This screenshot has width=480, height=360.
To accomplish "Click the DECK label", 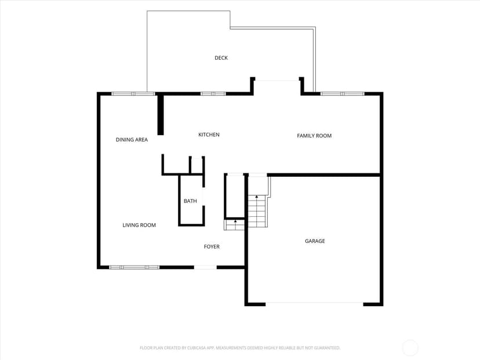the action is pos(221,58).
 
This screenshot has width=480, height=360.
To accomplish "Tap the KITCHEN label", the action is pos(209,134).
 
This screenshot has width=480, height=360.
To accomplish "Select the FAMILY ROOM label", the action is pos(314,136).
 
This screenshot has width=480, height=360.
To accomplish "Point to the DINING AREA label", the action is pos(132,140).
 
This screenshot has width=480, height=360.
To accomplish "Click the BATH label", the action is pos(190,201).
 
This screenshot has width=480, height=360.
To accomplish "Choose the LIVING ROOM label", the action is pos(139,225).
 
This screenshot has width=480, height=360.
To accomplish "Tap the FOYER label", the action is pos(212,247).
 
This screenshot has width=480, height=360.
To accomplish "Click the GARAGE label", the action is pos(315,241).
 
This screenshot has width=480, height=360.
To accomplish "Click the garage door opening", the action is pos(314,304).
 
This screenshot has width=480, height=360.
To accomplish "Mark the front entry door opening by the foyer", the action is pos(205,268).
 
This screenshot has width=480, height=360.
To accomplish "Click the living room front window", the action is pos(134,268).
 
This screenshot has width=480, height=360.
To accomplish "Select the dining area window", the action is pos(133,94).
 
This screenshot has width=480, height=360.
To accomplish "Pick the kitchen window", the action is pos(213,94).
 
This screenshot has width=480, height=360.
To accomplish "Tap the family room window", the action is pos(343,94).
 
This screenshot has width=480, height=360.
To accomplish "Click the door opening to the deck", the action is pos(277,81).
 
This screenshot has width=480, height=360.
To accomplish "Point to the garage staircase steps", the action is pos(257,211).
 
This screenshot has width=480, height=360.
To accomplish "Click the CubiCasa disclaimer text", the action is pos(239,348).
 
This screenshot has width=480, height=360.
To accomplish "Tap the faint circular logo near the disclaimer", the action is pos(410,348).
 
